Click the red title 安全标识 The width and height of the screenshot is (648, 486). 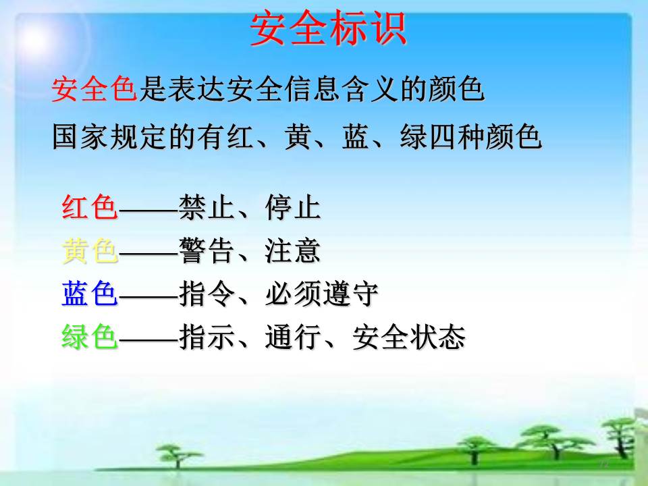tap(329, 28)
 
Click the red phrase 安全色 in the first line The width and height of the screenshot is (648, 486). tap(94, 89)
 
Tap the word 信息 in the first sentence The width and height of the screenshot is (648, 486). tap(299, 89)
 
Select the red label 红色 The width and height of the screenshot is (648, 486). tap(90, 207)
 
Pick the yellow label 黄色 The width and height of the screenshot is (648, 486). tap(90, 250)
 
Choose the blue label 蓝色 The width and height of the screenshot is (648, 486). tap(90, 294)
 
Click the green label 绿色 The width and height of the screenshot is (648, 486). tap(90, 337)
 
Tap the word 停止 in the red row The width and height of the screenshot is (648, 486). tap(293, 207)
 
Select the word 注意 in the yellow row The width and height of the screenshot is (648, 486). tap(293, 250)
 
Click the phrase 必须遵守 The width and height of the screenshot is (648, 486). tap(322, 294)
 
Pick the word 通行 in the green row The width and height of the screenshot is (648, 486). tap(293, 337)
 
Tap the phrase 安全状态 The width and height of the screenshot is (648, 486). tap(409, 337)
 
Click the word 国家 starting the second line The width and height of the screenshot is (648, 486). tap(80, 136)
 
